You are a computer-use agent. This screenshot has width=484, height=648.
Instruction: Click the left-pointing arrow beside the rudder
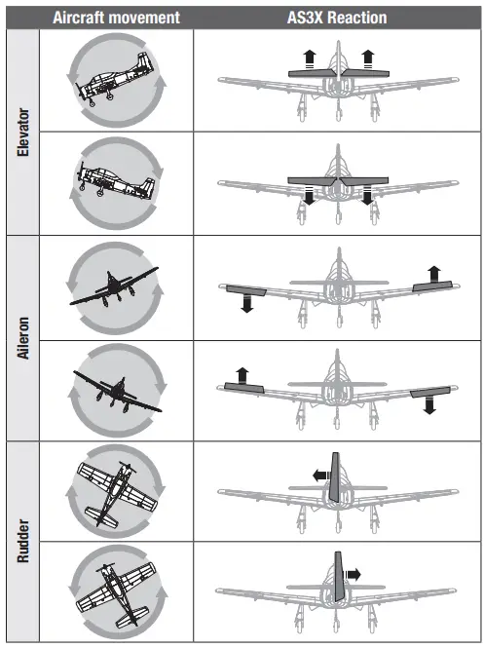coord(317,475)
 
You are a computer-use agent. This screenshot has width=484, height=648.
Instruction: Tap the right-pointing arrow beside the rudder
coord(353,575)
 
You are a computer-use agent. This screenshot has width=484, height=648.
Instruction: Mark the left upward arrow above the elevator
coord(309,58)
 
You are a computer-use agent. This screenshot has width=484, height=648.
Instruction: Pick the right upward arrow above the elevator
coord(367,58)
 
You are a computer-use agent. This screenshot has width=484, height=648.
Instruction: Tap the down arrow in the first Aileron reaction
coord(246,303)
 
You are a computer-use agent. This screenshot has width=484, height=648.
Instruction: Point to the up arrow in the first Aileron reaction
coord(433,272)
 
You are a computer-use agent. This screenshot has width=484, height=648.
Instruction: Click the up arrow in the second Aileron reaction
coord(240,373)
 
